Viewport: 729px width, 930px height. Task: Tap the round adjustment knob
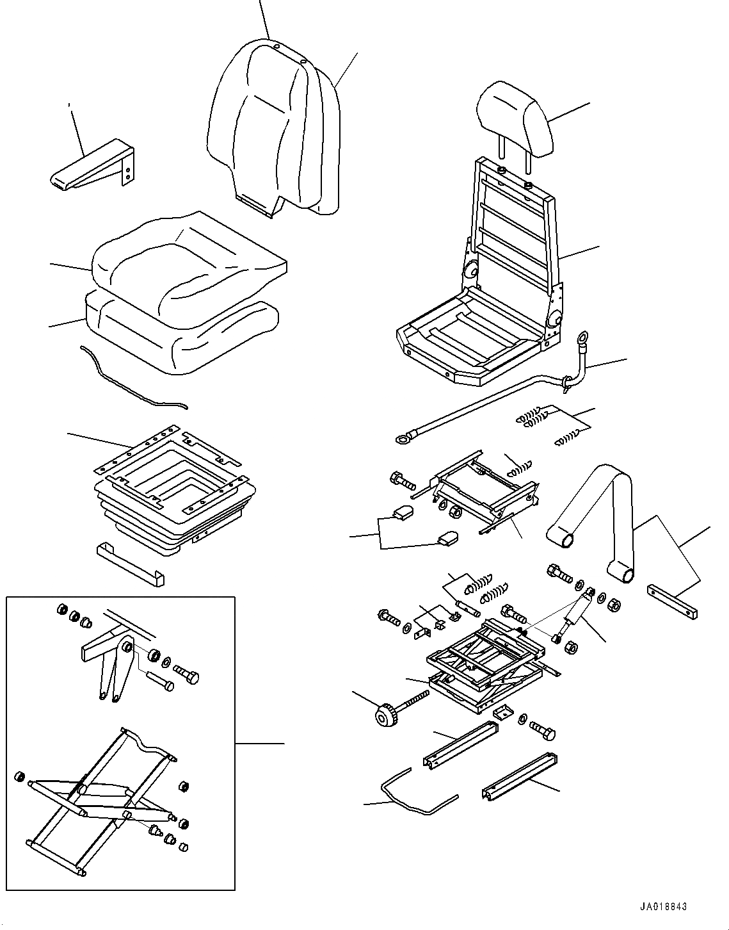[x=387, y=715]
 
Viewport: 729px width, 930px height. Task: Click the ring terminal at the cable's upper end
[x=582, y=338]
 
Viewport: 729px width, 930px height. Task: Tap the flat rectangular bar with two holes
[x=672, y=600]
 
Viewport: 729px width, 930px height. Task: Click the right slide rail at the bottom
[x=520, y=778]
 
